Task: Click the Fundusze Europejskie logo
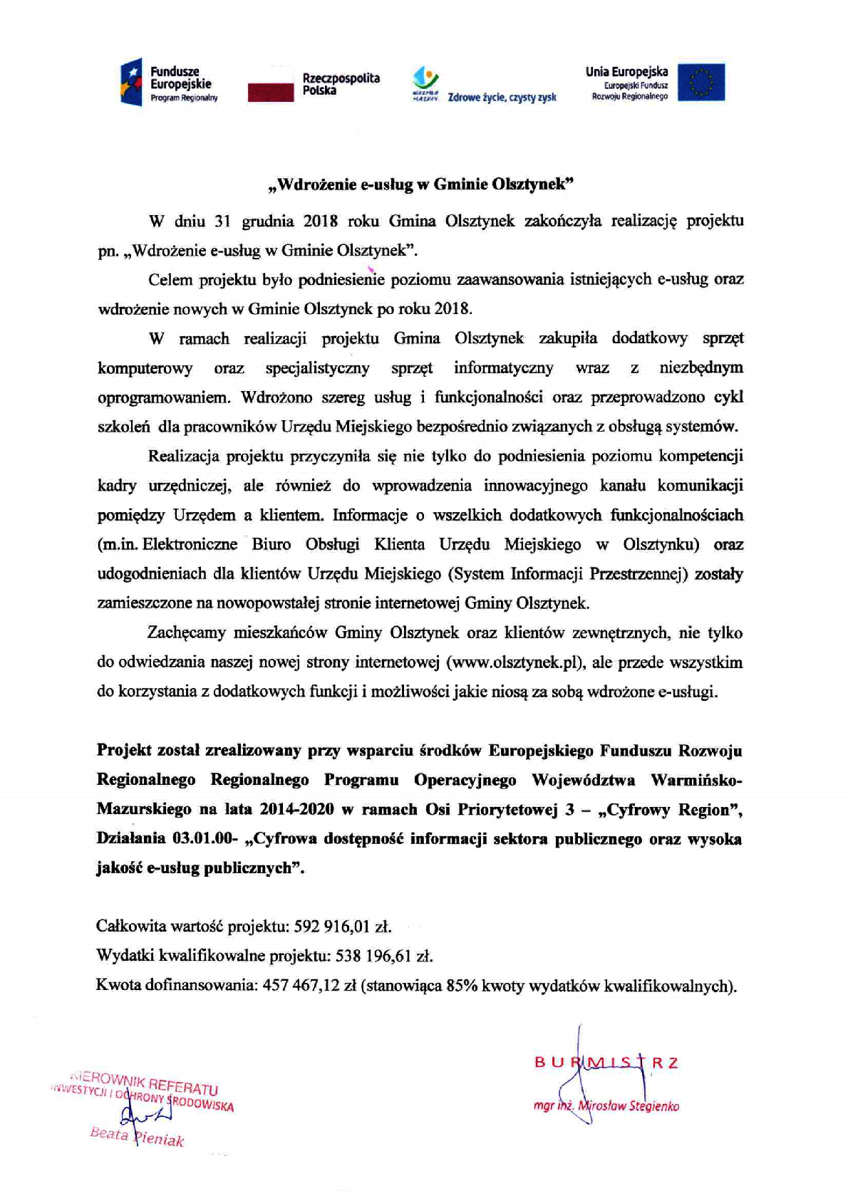169,81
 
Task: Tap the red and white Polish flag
271,83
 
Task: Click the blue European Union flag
700,82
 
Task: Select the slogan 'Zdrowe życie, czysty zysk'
502,98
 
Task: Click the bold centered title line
420,184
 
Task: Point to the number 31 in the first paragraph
222,221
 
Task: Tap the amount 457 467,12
300,986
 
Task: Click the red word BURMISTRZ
606,1063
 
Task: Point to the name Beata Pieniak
137,1137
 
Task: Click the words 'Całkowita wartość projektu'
191,927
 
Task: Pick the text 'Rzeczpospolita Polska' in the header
341,84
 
